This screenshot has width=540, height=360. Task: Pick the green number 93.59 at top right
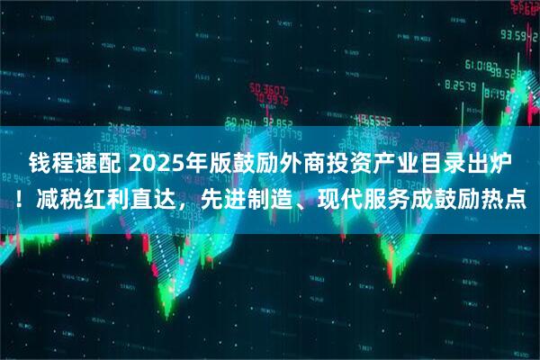518,36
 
